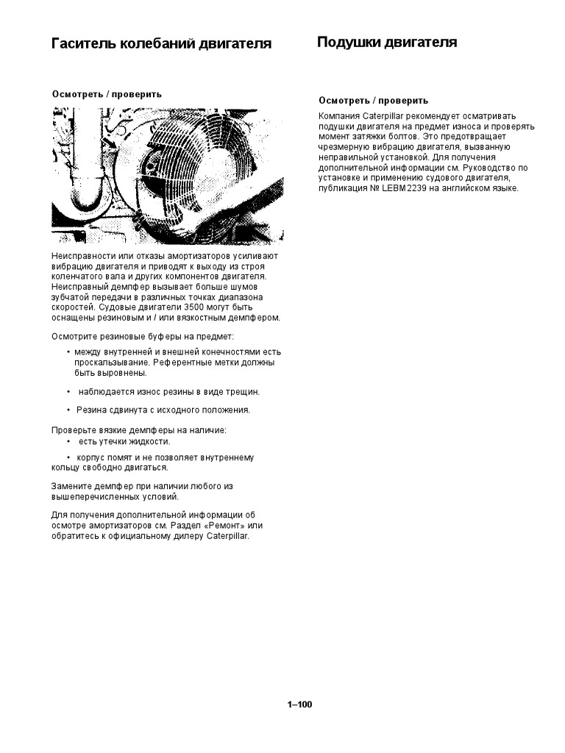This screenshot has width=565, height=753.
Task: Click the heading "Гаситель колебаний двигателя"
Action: [x=161, y=43]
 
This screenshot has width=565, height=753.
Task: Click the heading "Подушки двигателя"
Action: [x=387, y=42]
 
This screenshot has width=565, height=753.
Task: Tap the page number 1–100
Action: [x=299, y=704]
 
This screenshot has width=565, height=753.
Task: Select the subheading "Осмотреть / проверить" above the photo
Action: [x=107, y=94]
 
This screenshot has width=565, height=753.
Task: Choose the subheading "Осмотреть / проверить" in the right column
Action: [x=374, y=101]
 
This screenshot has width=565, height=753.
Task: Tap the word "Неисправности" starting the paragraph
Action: [x=82, y=256]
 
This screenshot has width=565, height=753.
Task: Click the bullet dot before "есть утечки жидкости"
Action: [x=68, y=442]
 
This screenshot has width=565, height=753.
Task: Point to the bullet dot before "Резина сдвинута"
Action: [x=68, y=410]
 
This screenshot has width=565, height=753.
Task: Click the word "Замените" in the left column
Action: [x=72, y=487]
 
